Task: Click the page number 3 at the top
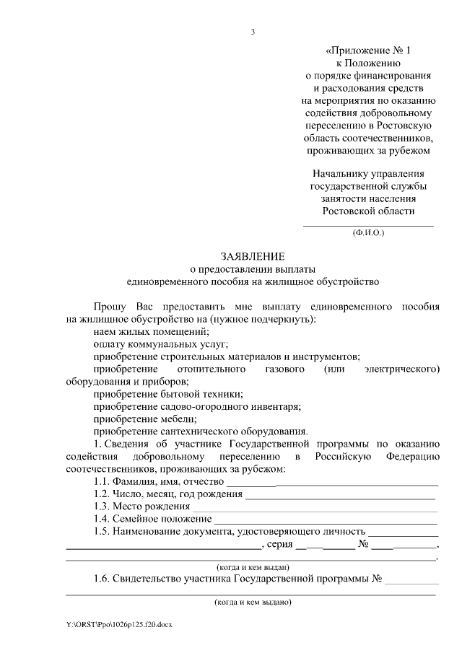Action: (253, 31)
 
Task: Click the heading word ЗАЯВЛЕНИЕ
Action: (253, 255)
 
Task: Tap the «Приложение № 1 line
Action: (367, 51)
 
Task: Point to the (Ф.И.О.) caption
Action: (368, 233)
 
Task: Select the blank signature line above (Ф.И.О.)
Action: (368, 226)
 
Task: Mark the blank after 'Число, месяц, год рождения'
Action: (340, 495)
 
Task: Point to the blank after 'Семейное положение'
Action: (326, 520)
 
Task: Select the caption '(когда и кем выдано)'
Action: (253, 601)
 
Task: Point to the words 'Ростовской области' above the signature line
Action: (368, 210)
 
